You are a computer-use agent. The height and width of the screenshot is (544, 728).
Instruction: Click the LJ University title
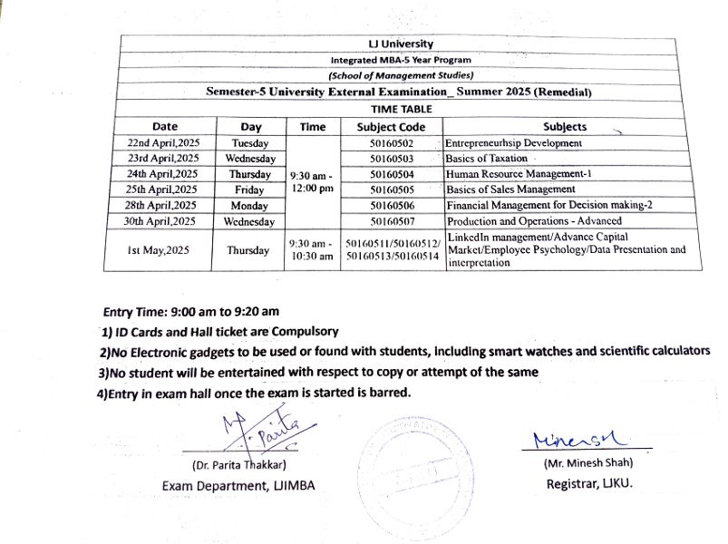(x=401, y=44)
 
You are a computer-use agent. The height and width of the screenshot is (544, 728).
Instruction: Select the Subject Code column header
(x=391, y=127)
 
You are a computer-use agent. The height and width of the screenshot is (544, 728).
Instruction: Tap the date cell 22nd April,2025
(x=164, y=143)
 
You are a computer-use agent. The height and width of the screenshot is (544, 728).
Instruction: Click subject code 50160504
(x=392, y=174)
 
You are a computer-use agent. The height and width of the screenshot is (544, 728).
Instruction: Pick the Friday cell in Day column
(x=249, y=189)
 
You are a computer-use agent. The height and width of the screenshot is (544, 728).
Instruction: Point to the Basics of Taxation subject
(x=486, y=159)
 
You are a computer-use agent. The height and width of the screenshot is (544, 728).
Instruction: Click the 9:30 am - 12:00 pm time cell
(x=312, y=181)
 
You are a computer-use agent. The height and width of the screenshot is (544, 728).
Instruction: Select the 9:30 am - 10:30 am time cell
(x=312, y=250)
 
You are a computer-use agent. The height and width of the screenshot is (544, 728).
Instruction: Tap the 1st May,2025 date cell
(x=164, y=250)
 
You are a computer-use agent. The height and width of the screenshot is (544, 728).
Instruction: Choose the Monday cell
(x=249, y=206)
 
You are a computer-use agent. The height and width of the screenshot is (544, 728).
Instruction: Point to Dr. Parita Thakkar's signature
(x=263, y=433)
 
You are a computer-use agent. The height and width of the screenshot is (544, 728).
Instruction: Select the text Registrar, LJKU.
(x=588, y=484)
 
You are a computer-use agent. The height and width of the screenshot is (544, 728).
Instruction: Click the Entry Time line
(x=190, y=311)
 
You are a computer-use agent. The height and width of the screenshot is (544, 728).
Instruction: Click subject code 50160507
(x=392, y=220)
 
